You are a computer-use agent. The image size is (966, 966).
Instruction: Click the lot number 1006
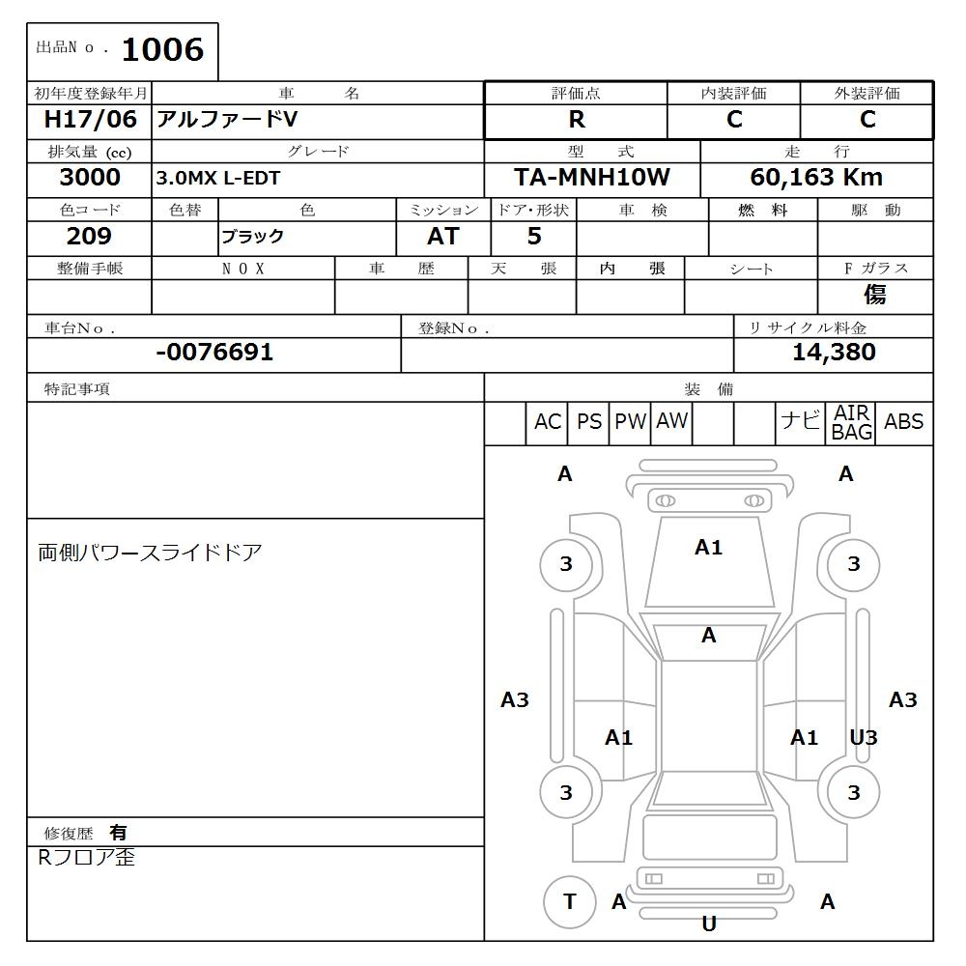click(162, 49)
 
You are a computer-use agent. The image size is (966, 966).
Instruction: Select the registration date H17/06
click(91, 120)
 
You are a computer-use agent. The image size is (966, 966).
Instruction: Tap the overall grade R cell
click(577, 120)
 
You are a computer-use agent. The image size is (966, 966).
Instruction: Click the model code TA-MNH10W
click(592, 178)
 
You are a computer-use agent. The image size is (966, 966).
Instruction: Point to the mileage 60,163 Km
click(816, 178)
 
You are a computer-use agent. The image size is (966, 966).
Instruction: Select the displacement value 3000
click(90, 178)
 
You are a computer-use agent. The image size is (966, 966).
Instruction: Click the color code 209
click(89, 237)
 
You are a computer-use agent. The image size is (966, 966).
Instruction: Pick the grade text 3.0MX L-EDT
click(218, 179)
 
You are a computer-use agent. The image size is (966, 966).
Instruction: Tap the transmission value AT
click(442, 237)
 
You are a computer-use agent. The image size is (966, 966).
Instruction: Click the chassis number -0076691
click(214, 353)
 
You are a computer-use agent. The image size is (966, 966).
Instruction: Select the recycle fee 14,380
click(834, 353)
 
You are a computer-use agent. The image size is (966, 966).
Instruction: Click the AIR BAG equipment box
click(852, 423)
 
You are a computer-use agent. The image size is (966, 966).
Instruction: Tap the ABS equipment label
click(904, 422)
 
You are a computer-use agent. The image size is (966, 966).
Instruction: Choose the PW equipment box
click(631, 422)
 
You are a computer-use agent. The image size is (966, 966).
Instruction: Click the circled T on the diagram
click(569, 902)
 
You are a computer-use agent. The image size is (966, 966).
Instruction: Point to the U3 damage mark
click(863, 738)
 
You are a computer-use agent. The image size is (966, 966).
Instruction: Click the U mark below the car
click(709, 924)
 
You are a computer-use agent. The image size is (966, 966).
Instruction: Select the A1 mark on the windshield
click(708, 548)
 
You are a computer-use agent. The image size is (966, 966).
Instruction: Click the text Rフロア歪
click(86, 857)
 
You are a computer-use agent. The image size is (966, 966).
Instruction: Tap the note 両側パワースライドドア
click(150, 553)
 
